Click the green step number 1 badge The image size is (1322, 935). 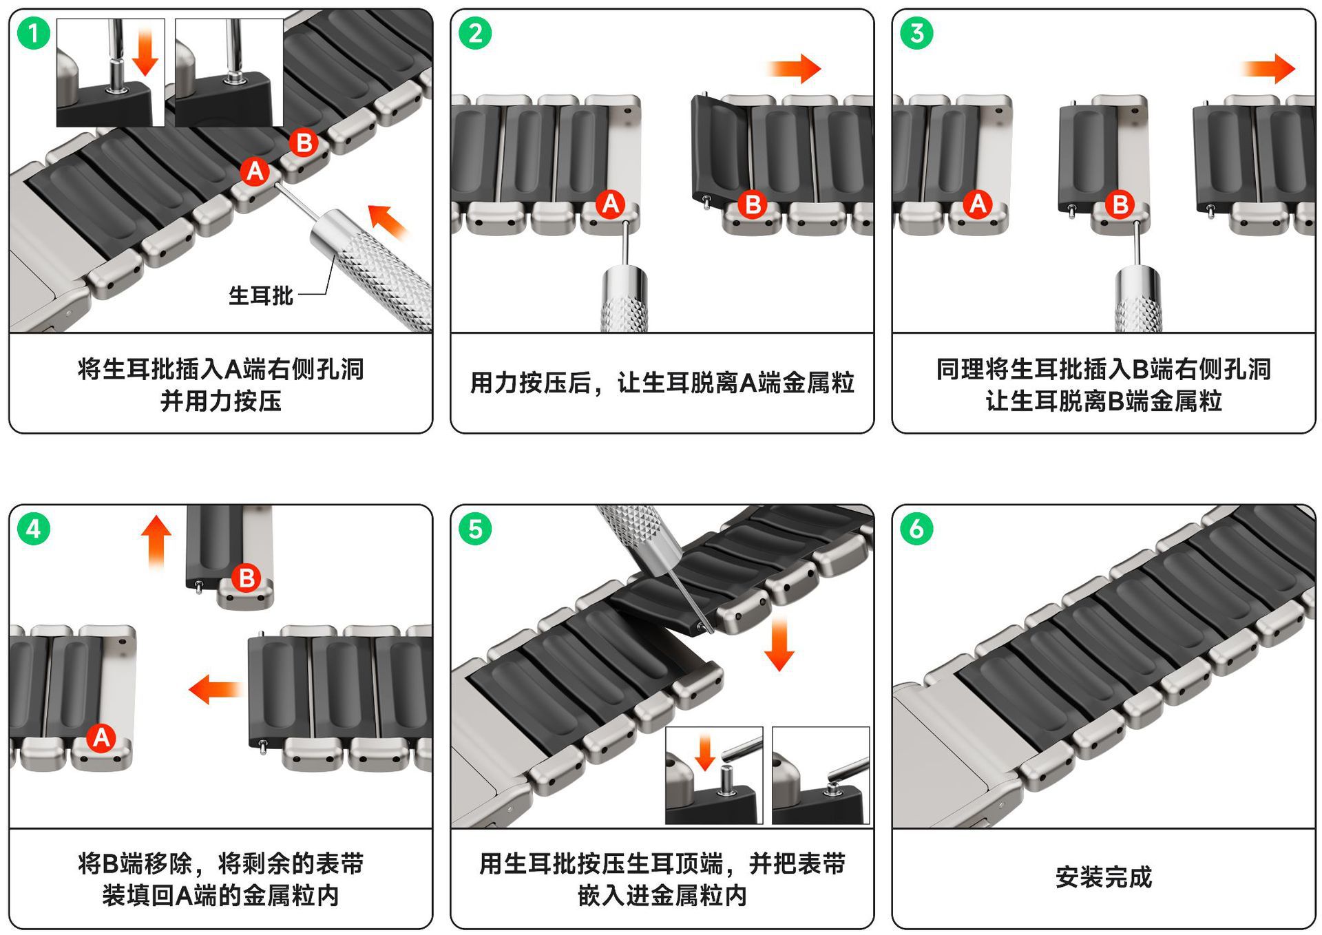[33, 33]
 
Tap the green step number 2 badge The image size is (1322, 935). [475, 33]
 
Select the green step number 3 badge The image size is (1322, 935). [916, 33]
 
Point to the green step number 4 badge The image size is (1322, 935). [33, 529]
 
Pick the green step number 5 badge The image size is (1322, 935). [475, 529]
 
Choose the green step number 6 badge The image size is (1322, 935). [916, 529]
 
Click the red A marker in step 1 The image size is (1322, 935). [255, 171]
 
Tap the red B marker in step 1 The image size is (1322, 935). [304, 143]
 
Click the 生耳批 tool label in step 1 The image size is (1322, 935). [261, 296]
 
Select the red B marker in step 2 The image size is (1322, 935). [753, 204]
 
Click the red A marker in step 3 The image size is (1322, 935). [978, 204]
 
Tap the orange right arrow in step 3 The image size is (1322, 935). [1268, 69]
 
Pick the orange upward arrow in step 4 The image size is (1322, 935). [156, 543]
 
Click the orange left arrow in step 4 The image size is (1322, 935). [215, 689]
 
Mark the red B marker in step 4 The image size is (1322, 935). [246, 578]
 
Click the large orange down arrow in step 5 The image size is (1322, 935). [779, 644]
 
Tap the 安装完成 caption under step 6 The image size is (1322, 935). [1104, 878]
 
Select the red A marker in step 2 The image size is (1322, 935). [611, 204]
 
